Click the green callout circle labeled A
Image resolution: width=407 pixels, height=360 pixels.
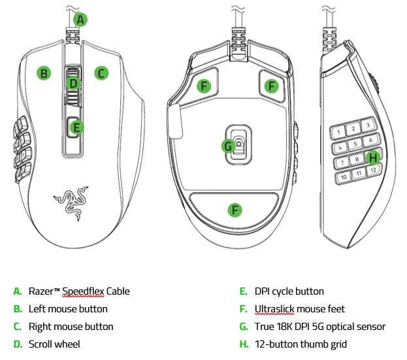click(x=80, y=20)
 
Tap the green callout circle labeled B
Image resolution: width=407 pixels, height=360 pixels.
click(x=44, y=73)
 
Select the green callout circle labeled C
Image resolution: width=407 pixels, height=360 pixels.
click(x=101, y=73)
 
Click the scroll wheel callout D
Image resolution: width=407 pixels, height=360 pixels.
click(x=73, y=83)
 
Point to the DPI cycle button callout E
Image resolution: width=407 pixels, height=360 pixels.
click(x=76, y=127)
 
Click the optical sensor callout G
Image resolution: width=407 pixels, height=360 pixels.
click(x=228, y=146)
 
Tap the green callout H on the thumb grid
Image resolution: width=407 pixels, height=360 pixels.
click(x=372, y=157)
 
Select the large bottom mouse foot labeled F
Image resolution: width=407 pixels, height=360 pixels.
click(x=234, y=210)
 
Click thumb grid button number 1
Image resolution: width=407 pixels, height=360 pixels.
click(x=338, y=131)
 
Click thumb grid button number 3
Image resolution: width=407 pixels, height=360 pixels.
click(x=368, y=124)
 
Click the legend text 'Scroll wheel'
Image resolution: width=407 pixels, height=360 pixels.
click(x=54, y=344)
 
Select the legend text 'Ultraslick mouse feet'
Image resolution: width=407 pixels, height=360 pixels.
click(x=301, y=308)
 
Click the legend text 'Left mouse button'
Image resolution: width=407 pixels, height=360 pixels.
click(x=68, y=308)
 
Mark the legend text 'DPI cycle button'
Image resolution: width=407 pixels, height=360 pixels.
click(x=290, y=291)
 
